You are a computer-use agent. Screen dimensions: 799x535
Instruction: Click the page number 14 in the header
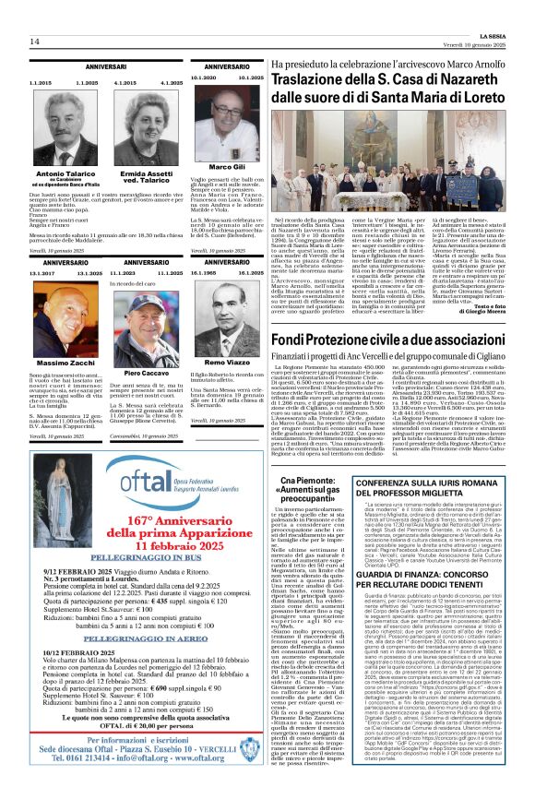(x=34, y=42)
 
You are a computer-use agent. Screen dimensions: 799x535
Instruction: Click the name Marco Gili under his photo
(x=220, y=167)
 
